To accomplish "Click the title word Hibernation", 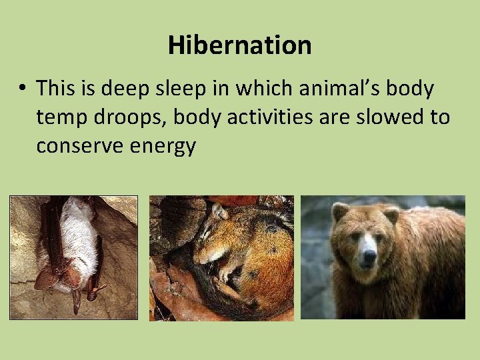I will point(239,45).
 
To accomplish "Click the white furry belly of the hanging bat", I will point(79,240).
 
